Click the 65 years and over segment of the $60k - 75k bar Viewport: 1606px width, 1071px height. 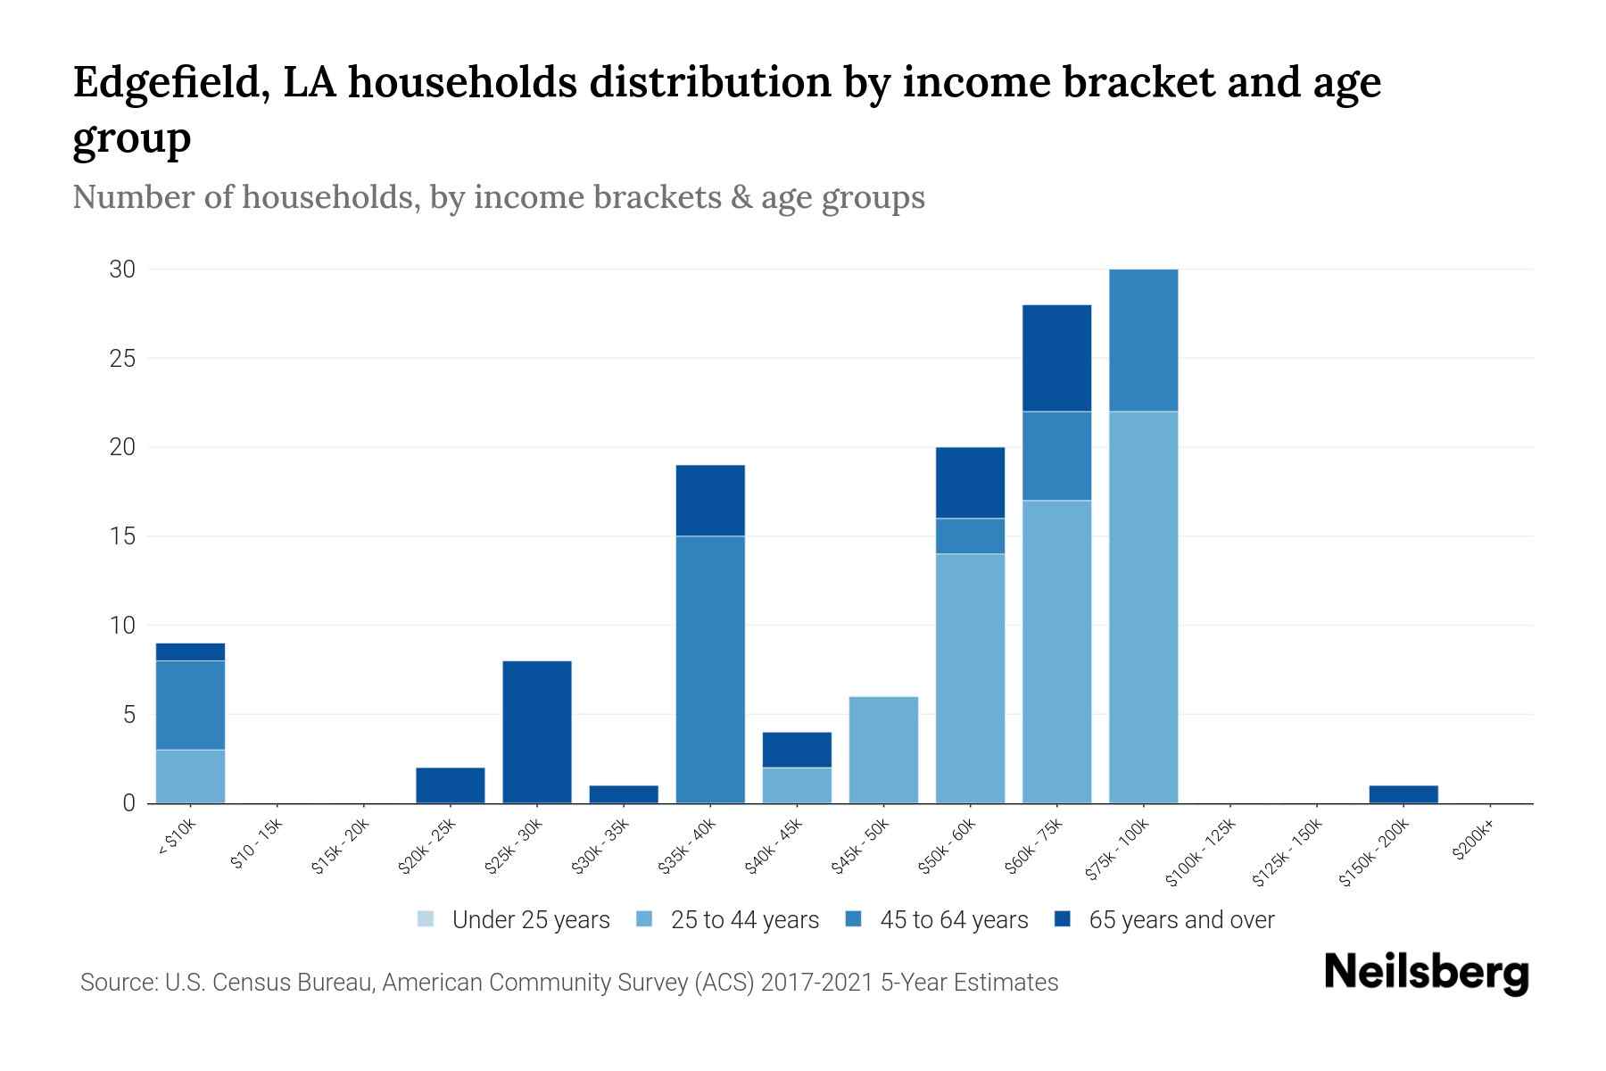point(1056,358)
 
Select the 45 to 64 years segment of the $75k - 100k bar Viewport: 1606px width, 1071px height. point(1143,340)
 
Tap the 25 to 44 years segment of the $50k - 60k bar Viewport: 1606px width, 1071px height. point(970,678)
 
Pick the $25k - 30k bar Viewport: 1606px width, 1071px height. point(537,732)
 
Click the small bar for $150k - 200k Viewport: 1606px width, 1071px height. point(1403,794)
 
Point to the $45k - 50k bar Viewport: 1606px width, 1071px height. point(883,750)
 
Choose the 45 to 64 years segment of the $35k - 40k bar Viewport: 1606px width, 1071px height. point(710,669)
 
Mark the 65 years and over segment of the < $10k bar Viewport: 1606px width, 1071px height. point(190,652)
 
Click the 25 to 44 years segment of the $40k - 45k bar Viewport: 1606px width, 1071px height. point(797,785)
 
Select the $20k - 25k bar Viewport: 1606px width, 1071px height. point(451,785)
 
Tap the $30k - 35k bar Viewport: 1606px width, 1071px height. point(624,794)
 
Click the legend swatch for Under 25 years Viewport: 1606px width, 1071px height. point(426,919)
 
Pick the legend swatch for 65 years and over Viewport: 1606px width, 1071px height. point(1063,919)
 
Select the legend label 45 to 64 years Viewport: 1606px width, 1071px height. point(954,920)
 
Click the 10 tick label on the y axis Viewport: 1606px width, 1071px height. point(122,626)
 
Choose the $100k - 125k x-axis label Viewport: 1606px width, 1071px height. point(1200,853)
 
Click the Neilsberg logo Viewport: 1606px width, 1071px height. point(1426,973)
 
